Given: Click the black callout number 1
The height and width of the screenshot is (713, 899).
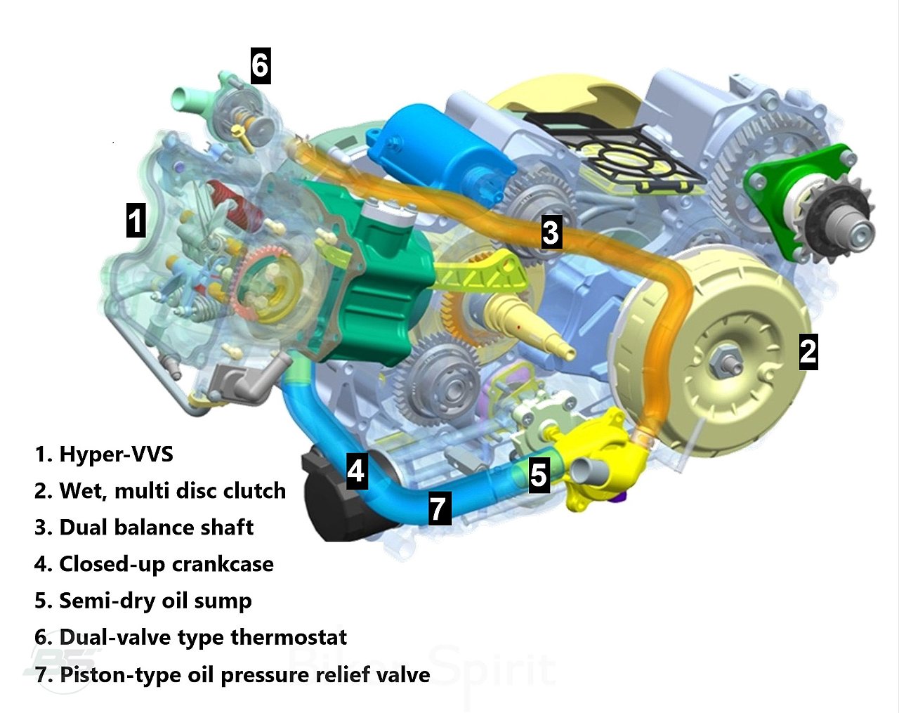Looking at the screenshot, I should coord(136,219).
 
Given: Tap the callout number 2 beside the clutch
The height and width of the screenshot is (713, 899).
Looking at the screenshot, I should coord(808,350).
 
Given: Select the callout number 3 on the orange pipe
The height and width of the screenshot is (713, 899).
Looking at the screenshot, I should coord(551,231).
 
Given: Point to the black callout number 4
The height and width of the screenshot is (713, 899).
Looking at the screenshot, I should coord(356,470).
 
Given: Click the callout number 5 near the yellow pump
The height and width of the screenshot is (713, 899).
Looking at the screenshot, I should coord(538,474).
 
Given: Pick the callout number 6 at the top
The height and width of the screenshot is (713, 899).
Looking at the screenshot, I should coord(260,65).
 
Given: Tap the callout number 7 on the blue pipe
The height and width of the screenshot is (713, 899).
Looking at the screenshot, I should coord(438,507).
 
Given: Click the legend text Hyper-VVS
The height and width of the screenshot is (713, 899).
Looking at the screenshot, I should coord(116,454).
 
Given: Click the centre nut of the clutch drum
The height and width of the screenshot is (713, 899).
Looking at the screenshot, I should coord(721,362).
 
